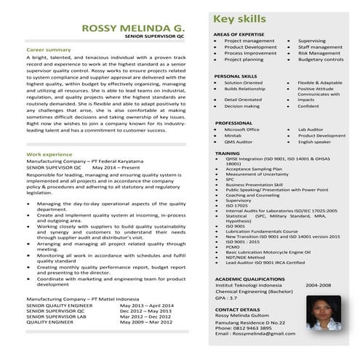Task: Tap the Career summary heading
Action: (x=49, y=49)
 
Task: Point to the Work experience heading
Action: (x=49, y=155)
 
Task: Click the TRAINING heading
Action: (x=228, y=154)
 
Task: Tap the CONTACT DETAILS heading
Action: (x=237, y=309)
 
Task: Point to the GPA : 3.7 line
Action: (x=226, y=298)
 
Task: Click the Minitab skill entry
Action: (x=233, y=135)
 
